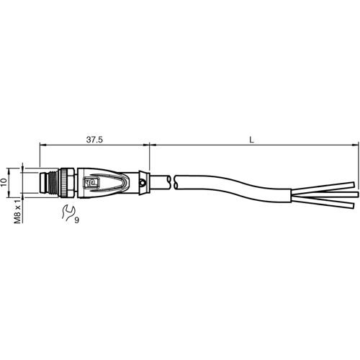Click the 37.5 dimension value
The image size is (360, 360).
pyautogui.click(x=94, y=139)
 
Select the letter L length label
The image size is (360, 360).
pyautogui.click(x=251, y=139)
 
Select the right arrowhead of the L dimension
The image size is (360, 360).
pyautogui.click(x=354, y=145)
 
